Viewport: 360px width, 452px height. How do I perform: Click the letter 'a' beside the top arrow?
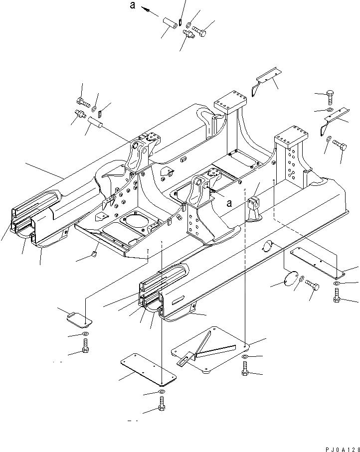click(x=132, y=5)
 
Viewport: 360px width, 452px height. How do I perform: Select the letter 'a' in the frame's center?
click(x=229, y=203)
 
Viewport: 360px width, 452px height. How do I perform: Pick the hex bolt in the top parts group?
click(x=199, y=31)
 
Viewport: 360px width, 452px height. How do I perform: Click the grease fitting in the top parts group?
click(x=188, y=34)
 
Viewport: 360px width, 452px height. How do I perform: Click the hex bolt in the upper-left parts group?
click(x=84, y=103)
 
